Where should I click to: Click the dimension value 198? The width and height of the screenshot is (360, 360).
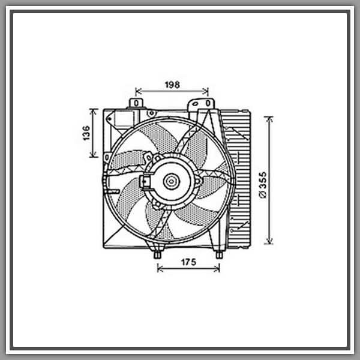pyautogui.click(x=172, y=85)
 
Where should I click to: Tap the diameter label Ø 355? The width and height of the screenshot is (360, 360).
pyautogui.click(x=263, y=185)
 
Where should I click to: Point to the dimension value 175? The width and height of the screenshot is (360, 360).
pyautogui.click(x=189, y=262)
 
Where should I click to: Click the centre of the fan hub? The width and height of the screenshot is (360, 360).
pyautogui.click(x=171, y=182)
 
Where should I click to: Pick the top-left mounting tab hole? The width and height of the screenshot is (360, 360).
pyautogui.click(x=136, y=103)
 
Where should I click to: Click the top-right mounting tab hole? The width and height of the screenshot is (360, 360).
pyautogui.click(x=208, y=103)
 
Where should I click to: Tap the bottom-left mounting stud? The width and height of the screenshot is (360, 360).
pyautogui.click(x=157, y=254)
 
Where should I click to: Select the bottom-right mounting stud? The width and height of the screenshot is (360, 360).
pyautogui.click(x=219, y=254)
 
